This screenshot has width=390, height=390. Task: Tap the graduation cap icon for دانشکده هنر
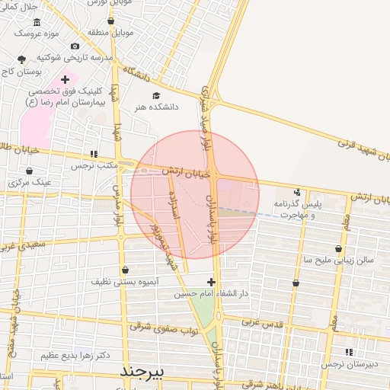pos(156,96)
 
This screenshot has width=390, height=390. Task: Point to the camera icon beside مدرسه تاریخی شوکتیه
pos(75,46)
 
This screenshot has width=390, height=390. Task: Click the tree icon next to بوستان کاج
pos(21,59)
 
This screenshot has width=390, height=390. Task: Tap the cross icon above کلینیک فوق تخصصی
pos(66,78)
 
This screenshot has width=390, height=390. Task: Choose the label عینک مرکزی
pos(30,183)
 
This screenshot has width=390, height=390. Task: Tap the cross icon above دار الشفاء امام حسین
pos(211,282)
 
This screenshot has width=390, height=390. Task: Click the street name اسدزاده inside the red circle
pos(174,206)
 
